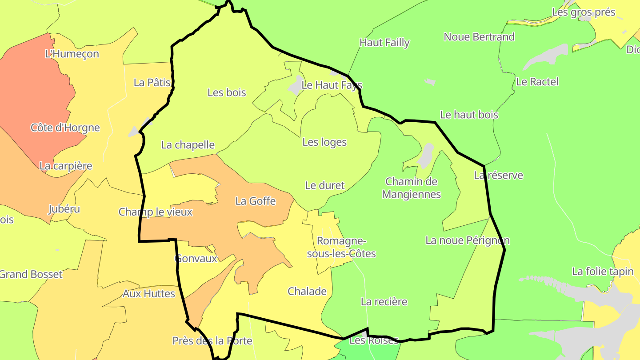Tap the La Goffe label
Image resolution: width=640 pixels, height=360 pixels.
pyautogui.click(x=256, y=201)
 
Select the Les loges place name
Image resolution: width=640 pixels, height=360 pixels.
pyautogui.click(x=324, y=142)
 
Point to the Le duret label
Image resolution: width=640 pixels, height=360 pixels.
pyautogui.click(x=325, y=185)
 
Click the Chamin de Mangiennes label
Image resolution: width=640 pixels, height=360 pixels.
pyautogui.click(x=411, y=188)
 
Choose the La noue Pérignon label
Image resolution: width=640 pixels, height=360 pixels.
pyautogui.click(x=468, y=240)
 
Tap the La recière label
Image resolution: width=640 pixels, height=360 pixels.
pyautogui.click(x=384, y=302)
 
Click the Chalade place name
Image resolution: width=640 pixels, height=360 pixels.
pyautogui.click(x=307, y=292)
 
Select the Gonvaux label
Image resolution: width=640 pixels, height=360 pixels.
pyautogui.click(x=196, y=258)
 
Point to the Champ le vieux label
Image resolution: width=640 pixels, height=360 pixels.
pyautogui.click(x=156, y=212)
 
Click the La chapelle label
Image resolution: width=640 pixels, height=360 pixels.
pyautogui.click(x=188, y=145)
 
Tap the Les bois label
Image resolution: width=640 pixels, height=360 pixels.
pyautogui.click(x=227, y=92)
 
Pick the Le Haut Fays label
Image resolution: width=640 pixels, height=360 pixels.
pyautogui.click(x=332, y=85)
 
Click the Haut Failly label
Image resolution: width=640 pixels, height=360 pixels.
pyautogui.click(x=384, y=43)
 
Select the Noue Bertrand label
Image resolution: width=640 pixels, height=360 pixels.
pyautogui.click(x=479, y=37)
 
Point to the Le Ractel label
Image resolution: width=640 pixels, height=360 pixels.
pyautogui.click(x=537, y=82)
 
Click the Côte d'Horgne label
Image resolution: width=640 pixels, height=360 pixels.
pyautogui.click(x=65, y=128)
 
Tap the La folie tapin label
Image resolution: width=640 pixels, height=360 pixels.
pyautogui.click(x=603, y=272)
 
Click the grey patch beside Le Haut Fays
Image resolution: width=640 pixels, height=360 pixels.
pyautogui.click(x=295, y=85)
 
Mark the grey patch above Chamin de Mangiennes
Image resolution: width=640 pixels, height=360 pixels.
pyautogui.click(x=426, y=156)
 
